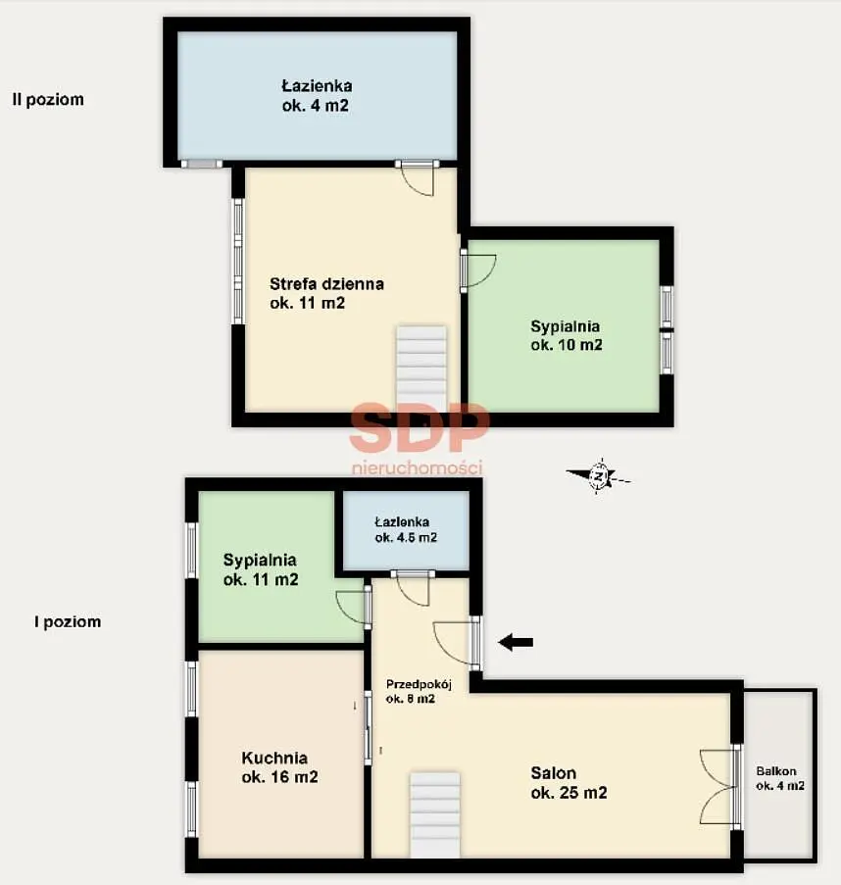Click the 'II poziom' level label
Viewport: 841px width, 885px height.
click(x=48, y=100)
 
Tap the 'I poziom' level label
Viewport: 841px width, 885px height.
click(x=68, y=622)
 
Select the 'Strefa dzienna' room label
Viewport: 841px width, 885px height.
click(x=326, y=283)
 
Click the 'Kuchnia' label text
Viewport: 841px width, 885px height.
click(x=274, y=758)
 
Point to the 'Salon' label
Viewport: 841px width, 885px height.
click(x=553, y=772)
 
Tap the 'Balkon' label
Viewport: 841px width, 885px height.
click(x=776, y=771)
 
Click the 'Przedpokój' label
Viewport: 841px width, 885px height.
click(x=419, y=685)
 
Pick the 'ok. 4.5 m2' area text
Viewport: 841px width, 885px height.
click(x=406, y=537)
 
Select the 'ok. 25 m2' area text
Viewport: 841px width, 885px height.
click(x=569, y=793)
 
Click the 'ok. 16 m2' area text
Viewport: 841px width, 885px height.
click(x=280, y=777)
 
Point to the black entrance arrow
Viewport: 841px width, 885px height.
click(x=516, y=642)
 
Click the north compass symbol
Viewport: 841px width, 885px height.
click(x=598, y=476)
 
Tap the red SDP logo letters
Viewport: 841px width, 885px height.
click(x=419, y=427)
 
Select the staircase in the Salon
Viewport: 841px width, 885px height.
click(x=434, y=815)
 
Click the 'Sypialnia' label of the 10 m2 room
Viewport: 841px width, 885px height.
click(x=565, y=325)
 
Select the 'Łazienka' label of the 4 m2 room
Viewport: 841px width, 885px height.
click(x=317, y=86)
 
